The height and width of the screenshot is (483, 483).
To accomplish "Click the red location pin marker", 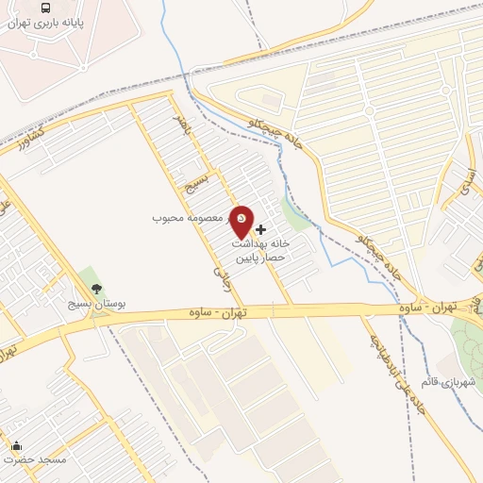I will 241,223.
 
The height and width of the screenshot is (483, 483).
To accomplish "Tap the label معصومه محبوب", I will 189,218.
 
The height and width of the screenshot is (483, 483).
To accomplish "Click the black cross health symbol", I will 261,229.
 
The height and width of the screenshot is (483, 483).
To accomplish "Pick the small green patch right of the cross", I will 298,216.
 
